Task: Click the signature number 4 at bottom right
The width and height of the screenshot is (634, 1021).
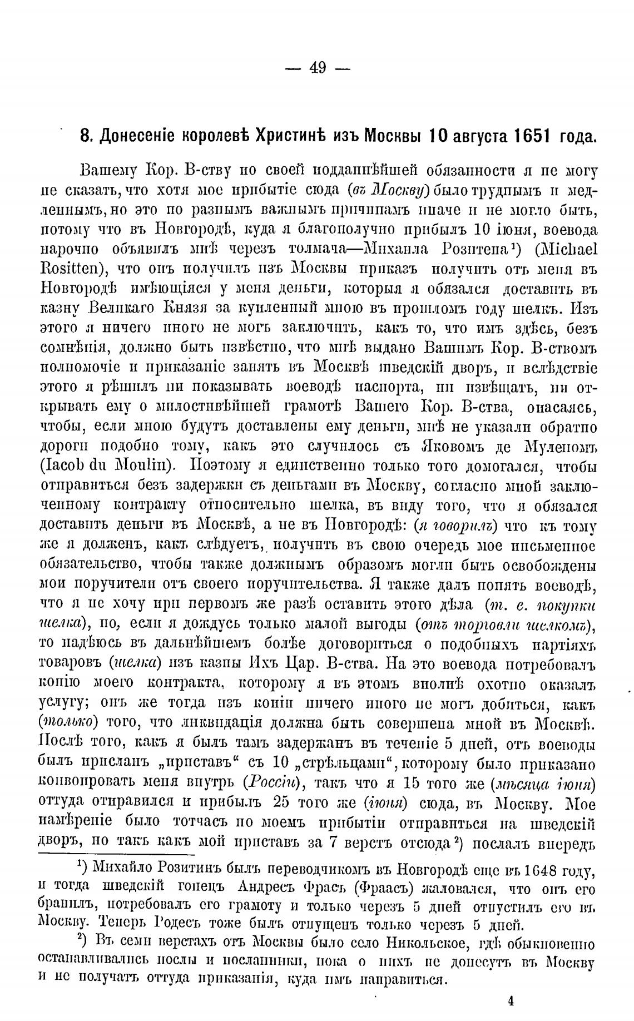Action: click(511, 1001)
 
